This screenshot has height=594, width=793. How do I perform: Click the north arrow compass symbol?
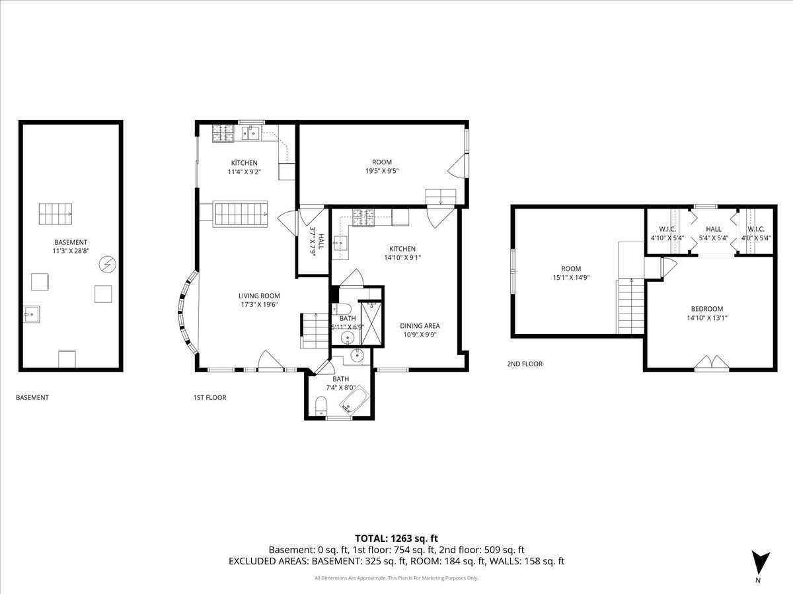pyautogui.click(x=761, y=562)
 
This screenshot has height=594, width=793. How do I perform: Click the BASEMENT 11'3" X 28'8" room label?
pyautogui.click(x=71, y=247)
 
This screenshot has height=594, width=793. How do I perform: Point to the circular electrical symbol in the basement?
pyautogui.click(x=106, y=265)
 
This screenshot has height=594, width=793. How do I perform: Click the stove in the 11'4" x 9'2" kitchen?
pyautogui.click(x=223, y=133)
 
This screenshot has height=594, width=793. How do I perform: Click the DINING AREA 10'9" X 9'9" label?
pyautogui.click(x=420, y=329)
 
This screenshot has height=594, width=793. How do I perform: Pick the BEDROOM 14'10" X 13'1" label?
pyautogui.click(x=706, y=313)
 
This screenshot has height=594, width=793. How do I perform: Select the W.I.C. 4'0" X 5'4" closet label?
pyautogui.click(x=756, y=233)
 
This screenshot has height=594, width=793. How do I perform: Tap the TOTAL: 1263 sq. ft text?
pyautogui.click(x=396, y=537)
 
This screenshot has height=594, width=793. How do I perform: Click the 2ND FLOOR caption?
pyautogui.click(x=525, y=364)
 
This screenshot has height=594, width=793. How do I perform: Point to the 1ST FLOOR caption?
pyautogui.click(x=209, y=397)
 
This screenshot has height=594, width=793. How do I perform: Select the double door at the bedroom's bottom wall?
pyautogui.click(x=711, y=362)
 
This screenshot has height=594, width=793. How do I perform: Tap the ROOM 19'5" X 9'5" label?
pyautogui.click(x=381, y=166)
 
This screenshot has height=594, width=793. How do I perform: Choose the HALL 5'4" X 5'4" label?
pyautogui.click(x=713, y=233)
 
